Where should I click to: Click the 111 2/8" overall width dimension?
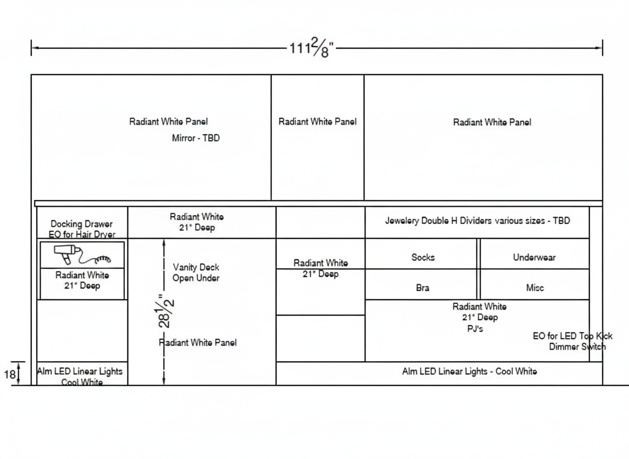(x=311, y=48)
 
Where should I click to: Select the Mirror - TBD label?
(x=195, y=138)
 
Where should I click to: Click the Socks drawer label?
(x=423, y=257)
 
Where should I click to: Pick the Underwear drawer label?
(x=534, y=257)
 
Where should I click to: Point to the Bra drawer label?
(x=423, y=288)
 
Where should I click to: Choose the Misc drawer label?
(x=534, y=288)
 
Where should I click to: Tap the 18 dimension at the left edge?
(x=10, y=375)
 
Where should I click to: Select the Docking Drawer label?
(x=81, y=224)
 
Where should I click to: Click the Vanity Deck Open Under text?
(x=196, y=273)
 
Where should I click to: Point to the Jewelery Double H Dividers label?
(x=477, y=220)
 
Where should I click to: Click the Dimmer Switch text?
(x=577, y=347)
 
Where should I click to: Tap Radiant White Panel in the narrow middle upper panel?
(x=317, y=122)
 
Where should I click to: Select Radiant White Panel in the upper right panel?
(x=492, y=122)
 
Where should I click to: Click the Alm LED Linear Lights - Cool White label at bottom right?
(x=469, y=371)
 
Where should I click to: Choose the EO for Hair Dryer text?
(x=82, y=234)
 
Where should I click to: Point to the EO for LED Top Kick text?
(x=572, y=336)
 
